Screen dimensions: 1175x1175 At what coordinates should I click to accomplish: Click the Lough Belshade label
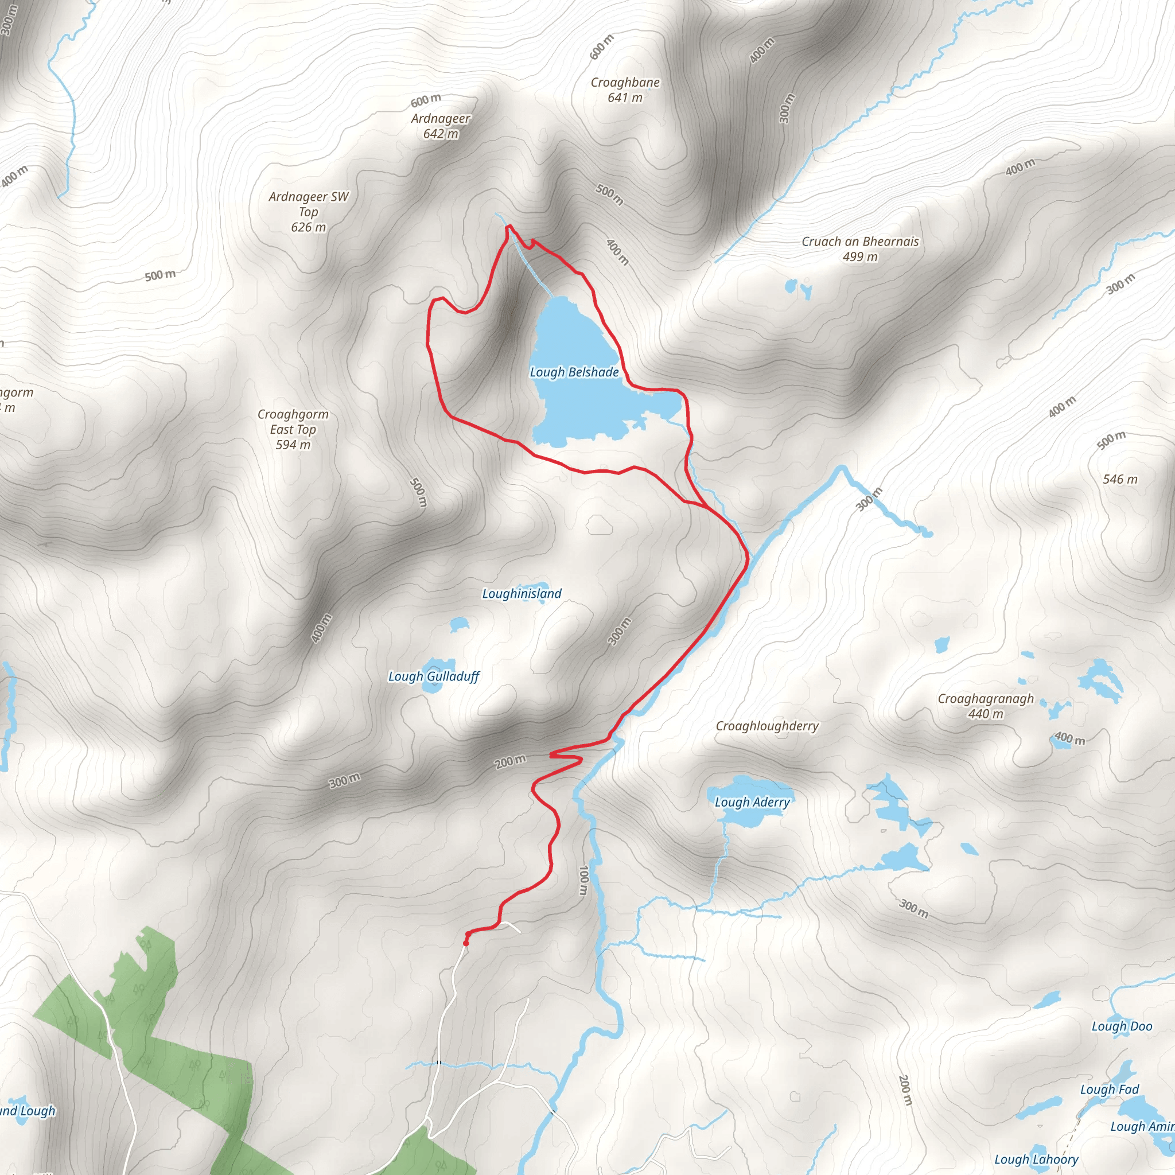pos(574,372)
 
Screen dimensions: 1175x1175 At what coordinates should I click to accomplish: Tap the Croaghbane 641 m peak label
pos(625,90)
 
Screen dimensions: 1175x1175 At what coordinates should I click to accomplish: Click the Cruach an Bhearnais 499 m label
pos(860,249)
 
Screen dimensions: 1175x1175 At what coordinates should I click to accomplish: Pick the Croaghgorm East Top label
pos(293,429)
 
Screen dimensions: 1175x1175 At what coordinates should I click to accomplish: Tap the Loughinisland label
pos(522,594)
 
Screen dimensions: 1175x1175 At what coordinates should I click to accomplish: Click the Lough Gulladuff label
pos(434,676)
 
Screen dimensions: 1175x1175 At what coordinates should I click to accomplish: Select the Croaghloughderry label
pos(767,726)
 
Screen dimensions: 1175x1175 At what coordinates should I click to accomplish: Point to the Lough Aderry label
pos(752,802)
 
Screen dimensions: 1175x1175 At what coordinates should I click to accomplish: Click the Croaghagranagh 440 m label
pos(985,706)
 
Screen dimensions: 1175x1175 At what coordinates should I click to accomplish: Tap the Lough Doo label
pos(1122,1026)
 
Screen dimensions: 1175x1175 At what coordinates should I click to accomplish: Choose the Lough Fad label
pos(1110,1090)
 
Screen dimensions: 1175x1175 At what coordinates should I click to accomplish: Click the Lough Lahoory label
pos(1036,1159)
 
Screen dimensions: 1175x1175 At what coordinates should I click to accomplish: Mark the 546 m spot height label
pos(1120,479)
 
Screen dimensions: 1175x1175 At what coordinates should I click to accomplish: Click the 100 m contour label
pos(584,881)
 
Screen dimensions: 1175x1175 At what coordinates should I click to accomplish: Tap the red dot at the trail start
pos(466,943)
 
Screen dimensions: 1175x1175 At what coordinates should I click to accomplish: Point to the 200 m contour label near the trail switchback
pos(510,761)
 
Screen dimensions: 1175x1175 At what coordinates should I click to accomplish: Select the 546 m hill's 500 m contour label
pos(1111,439)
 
